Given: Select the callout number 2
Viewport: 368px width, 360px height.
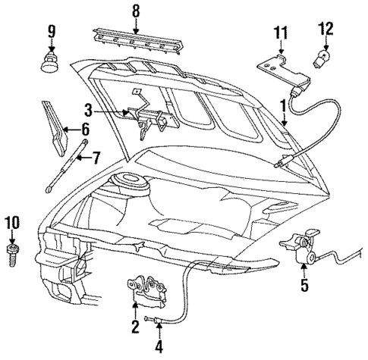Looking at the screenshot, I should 134,327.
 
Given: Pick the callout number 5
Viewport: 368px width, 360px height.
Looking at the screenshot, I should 304,286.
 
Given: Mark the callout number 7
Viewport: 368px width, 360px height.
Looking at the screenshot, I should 96,158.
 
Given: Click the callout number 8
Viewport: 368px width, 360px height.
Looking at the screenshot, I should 136,11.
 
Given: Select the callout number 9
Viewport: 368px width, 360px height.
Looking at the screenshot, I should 52,33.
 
